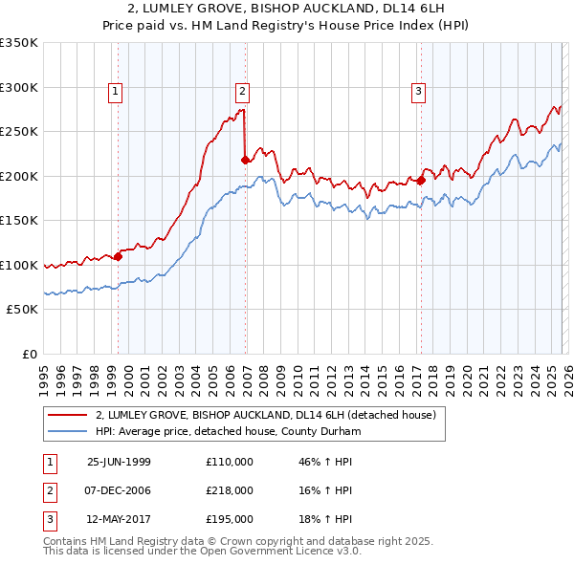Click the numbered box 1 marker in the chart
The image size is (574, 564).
pyautogui.click(x=115, y=92)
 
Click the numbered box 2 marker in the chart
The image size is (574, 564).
pyautogui.click(x=243, y=92)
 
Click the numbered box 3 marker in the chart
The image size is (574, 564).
pyautogui.click(x=419, y=92)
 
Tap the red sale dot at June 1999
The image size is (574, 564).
pyautogui.click(x=119, y=256)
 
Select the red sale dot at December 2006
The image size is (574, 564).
pyautogui.click(x=246, y=161)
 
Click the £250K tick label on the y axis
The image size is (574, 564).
pyautogui.click(x=19, y=132)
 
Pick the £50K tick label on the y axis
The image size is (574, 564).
pyautogui.click(x=22, y=310)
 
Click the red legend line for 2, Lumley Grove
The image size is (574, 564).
pyautogui.click(x=68, y=415)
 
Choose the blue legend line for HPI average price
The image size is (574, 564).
pyautogui.click(x=68, y=431)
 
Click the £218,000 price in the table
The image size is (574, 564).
pyautogui.click(x=230, y=490)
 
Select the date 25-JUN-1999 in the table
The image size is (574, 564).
pyautogui.click(x=119, y=462)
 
